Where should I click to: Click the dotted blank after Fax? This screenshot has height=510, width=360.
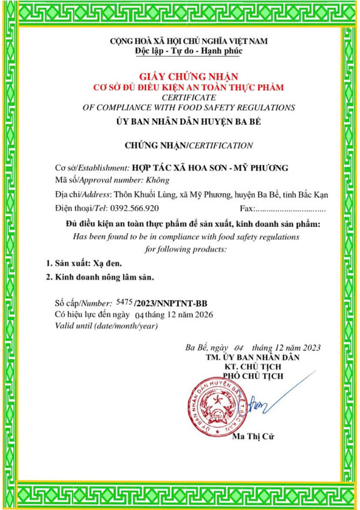[x=290, y=209]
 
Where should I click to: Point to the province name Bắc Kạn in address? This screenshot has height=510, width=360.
[x=310, y=194]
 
